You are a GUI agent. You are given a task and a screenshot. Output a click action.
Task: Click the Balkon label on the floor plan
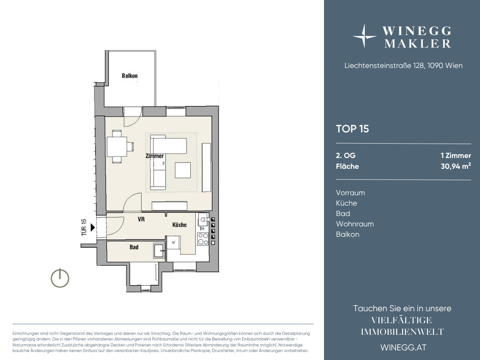130,76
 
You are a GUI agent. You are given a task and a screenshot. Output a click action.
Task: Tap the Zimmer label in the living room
155,156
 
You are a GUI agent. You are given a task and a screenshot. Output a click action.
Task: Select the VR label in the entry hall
141,219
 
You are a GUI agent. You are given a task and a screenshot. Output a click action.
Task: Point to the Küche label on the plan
180,225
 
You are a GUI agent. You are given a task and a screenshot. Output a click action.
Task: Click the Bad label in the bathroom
134,247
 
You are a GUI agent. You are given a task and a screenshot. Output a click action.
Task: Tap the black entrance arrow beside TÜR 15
93,227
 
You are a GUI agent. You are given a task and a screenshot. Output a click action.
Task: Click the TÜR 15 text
84,227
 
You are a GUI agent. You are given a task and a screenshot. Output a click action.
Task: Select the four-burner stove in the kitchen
203,239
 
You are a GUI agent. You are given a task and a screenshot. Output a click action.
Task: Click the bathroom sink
159,250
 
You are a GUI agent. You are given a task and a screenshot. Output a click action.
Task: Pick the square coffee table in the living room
183,170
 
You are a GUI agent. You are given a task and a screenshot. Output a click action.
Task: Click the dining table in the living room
117,147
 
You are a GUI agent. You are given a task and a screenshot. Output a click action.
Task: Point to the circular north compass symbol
60,278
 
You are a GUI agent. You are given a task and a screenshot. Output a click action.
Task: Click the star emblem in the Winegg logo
364,36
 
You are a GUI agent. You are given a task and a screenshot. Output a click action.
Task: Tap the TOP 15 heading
352,129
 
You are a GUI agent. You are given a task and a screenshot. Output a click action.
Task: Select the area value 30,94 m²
456,166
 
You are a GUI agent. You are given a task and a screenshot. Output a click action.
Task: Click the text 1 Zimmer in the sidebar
456,156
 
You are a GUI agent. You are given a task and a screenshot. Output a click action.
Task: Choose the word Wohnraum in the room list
355,224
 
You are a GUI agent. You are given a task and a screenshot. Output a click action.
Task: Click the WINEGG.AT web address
404,348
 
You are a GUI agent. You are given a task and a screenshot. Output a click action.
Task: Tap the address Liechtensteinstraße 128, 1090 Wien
404,66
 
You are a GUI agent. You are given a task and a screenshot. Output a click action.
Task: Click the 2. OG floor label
346,156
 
